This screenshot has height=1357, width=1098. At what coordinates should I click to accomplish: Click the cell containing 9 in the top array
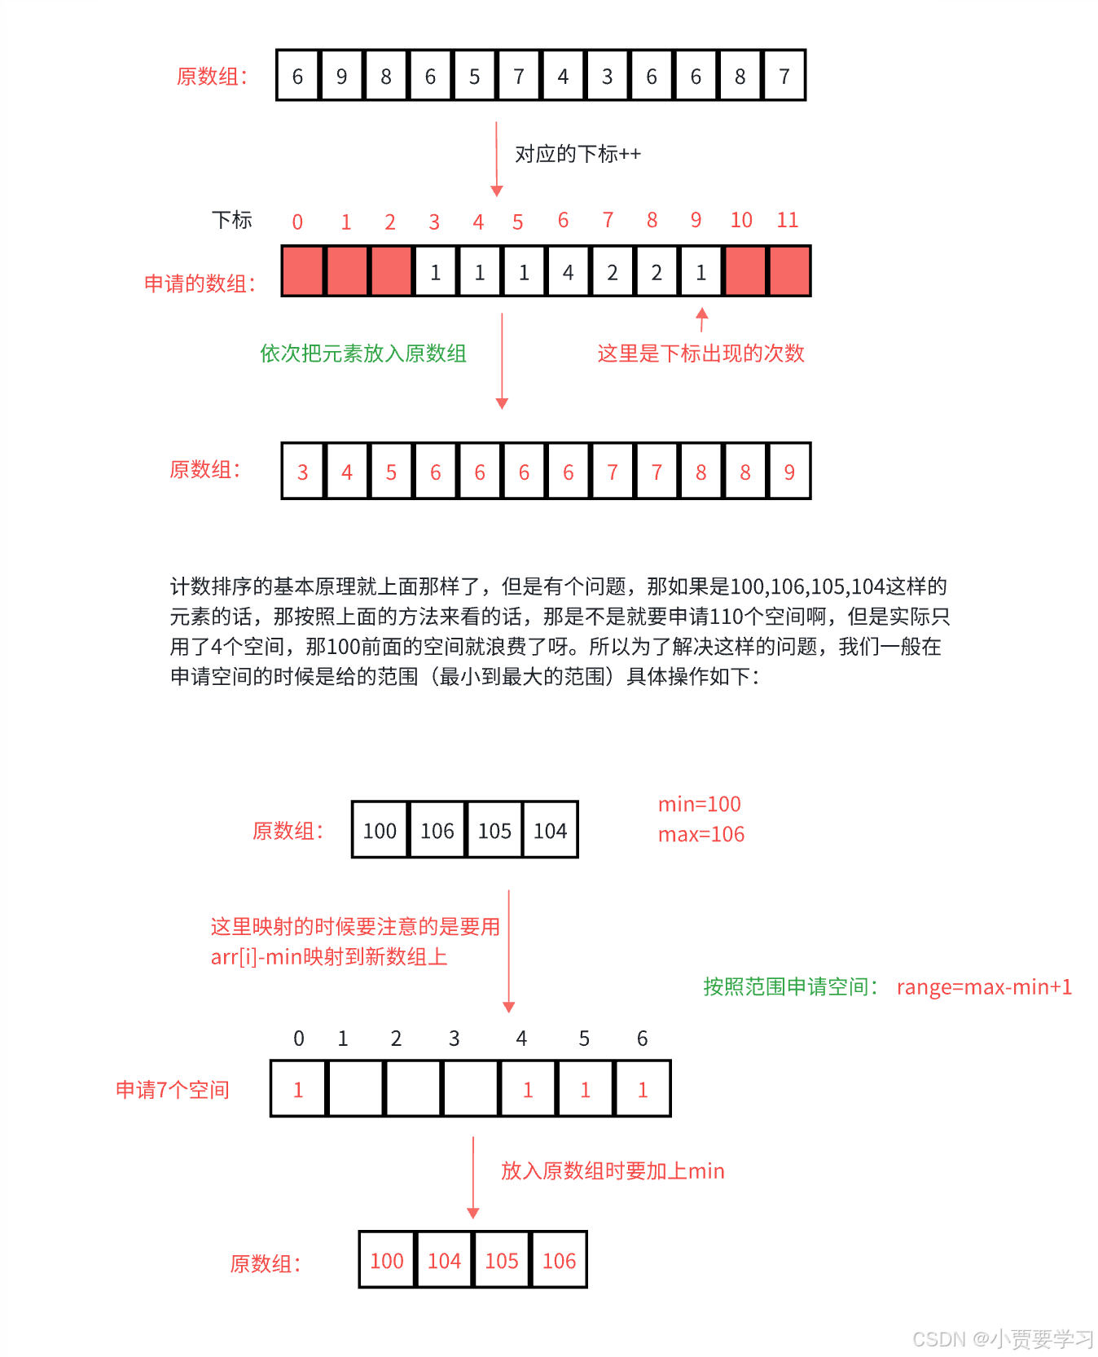click(342, 77)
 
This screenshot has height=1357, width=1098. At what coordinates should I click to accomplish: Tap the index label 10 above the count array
click(741, 220)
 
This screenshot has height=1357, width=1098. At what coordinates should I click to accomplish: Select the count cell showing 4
click(568, 272)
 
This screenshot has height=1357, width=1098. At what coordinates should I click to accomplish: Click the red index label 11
click(787, 220)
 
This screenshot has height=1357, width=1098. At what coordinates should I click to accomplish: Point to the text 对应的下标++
click(578, 154)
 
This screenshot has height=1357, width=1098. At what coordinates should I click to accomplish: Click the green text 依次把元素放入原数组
click(363, 354)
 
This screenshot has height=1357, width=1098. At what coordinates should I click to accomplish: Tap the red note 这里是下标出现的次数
click(701, 354)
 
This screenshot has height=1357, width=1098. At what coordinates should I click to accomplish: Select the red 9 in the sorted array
click(789, 472)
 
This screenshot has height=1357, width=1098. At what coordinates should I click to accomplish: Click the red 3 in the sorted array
click(303, 472)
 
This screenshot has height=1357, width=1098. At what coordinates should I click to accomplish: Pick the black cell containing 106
click(437, 831)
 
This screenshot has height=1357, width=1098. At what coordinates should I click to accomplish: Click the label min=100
click(700, 805)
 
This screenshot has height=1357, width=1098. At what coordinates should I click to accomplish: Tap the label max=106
click(701, 835)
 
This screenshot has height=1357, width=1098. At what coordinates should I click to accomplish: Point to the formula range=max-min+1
click(984, 987)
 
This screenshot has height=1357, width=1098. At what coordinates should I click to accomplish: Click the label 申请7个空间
click(173, 1090)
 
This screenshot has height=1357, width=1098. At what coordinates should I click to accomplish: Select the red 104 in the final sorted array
click(445, 1261)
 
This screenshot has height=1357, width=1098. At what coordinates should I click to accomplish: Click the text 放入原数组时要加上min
click(613, 1171)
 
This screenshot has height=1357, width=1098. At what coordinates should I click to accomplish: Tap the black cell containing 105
click(494, 831)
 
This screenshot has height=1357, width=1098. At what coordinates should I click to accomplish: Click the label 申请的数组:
click(200, 283)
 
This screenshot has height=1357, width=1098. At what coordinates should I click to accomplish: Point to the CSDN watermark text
click(1003, 1339)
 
